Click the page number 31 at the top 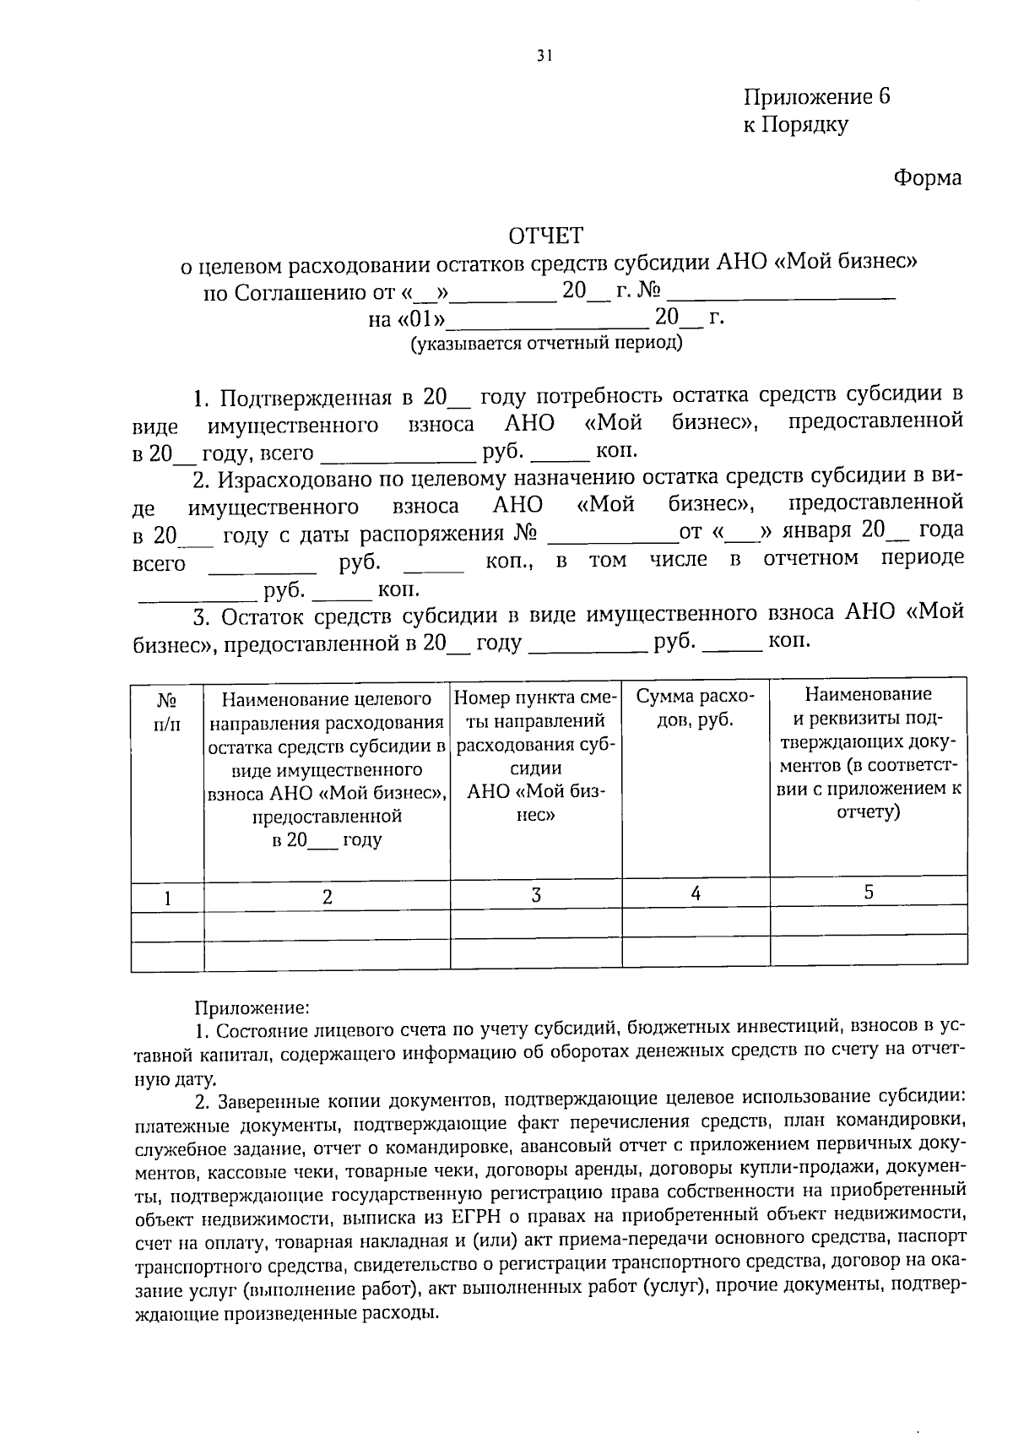click(544, 57)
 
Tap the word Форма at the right click(927, 178)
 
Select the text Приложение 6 click(816, 96)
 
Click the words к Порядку click(795, 125)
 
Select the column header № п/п click(167, 711)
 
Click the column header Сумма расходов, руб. click(696, 708)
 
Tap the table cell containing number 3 click(535, 895)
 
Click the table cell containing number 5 click(869, 893)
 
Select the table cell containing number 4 click(696, 893)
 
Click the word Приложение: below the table click(252, 1007)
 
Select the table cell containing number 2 click(327, 898)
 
